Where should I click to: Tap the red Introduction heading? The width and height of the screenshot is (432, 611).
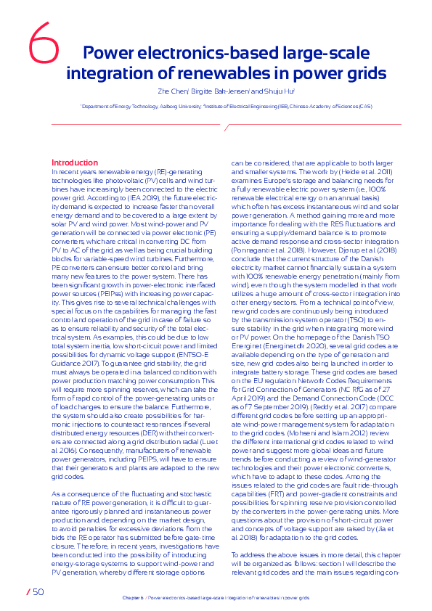click(x=74, y=163)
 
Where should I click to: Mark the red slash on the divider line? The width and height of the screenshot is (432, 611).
click(x=227, y=128)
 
